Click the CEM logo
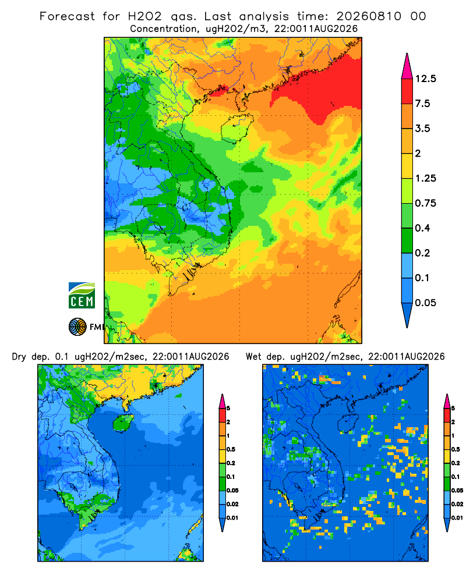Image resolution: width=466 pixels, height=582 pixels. coord(82,295)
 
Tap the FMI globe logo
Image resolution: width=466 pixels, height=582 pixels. coord(77,327)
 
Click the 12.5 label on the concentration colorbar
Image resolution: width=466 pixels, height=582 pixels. coord(425,79)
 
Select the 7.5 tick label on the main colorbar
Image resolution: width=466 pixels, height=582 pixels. coord(422,104)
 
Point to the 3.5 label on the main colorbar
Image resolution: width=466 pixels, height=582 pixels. coord(422,129)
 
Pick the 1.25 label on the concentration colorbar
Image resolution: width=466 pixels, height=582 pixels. coord(425,178)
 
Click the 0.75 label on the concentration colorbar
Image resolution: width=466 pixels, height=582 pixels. coord(425,203)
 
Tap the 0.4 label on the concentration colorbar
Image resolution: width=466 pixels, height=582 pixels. coord(422,228)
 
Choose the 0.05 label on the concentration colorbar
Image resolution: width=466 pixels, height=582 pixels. coord(425,303)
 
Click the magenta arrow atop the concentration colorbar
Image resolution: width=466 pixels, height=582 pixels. coord(407,67)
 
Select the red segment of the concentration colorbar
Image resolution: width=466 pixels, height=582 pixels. coord(407,91)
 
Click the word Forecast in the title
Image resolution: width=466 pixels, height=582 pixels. coord(67,16)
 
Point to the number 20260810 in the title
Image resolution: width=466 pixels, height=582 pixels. coord(369,16)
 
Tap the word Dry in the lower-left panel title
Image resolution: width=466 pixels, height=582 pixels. coord(19,357)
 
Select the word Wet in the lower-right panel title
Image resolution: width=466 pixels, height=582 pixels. coord(253,357)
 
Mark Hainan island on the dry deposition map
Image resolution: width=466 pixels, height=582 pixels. coord(123,423)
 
